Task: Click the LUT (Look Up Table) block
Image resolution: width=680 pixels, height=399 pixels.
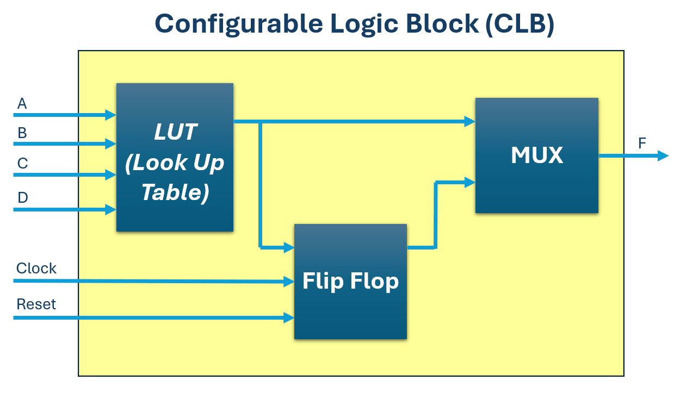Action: coord(175,157)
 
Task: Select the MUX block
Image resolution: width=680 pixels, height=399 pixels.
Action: coord(536,155)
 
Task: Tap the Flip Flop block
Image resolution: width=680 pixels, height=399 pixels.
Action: coord(350,281)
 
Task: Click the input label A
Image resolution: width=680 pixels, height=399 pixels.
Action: coord(22,103)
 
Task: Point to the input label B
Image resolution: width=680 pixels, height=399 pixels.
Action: coord(22,133)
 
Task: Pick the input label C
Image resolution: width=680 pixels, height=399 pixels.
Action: coord(22,164)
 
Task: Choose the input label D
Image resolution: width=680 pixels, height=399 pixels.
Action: coord(22,197)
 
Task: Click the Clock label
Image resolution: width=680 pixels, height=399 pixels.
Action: coord(36,269)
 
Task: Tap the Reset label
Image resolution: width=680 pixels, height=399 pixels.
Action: coord(36,304)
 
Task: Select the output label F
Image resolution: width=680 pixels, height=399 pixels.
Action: coord(642,144)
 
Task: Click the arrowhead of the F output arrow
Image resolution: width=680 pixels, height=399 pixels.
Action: coord(663,156)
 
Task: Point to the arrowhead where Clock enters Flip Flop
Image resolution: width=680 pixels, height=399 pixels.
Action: coord(289,282)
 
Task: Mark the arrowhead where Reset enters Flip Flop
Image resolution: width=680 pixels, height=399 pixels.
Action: coord(289,317)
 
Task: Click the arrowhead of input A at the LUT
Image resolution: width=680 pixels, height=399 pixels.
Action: coord(111,115)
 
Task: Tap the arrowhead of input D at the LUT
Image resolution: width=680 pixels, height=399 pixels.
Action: coord(111,209)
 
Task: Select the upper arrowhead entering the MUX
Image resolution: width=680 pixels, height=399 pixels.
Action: coord(470,122)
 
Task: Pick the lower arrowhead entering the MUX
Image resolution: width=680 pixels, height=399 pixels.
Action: coord(470,183)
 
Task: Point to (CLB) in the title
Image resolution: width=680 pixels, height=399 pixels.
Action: coord(519,23)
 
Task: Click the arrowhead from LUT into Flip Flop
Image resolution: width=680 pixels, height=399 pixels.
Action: coord(289,248)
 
